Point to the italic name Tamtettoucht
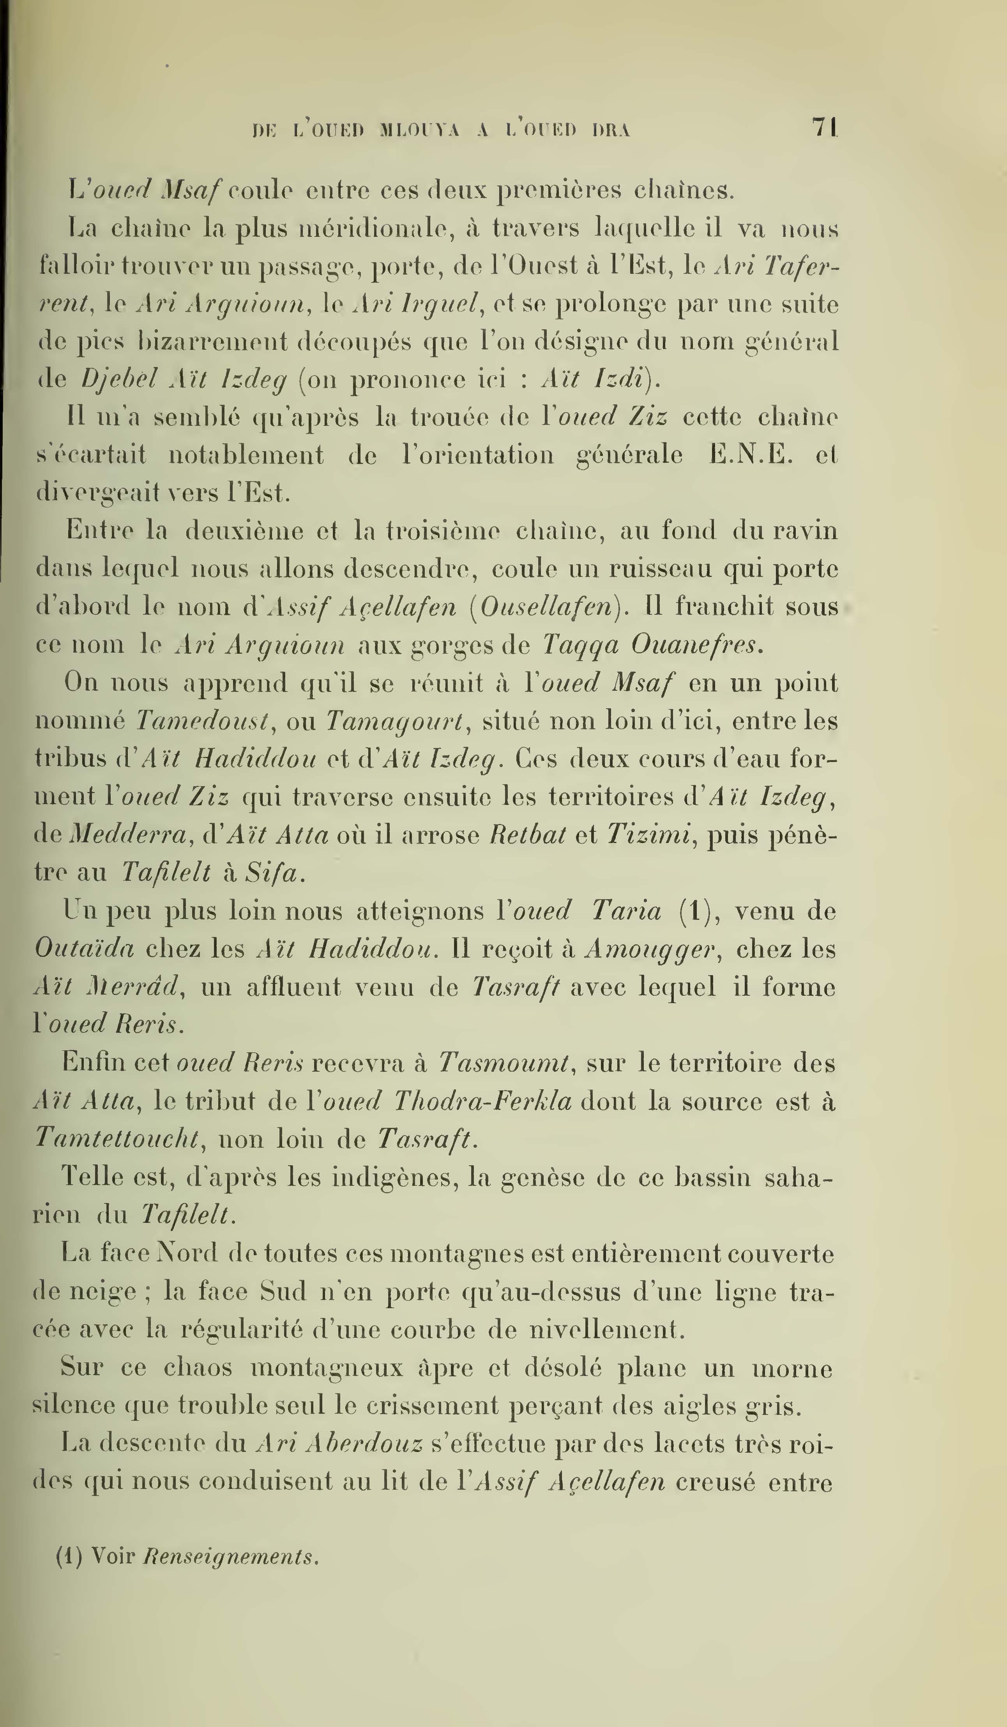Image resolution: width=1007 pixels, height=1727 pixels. tap(117, 1139)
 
